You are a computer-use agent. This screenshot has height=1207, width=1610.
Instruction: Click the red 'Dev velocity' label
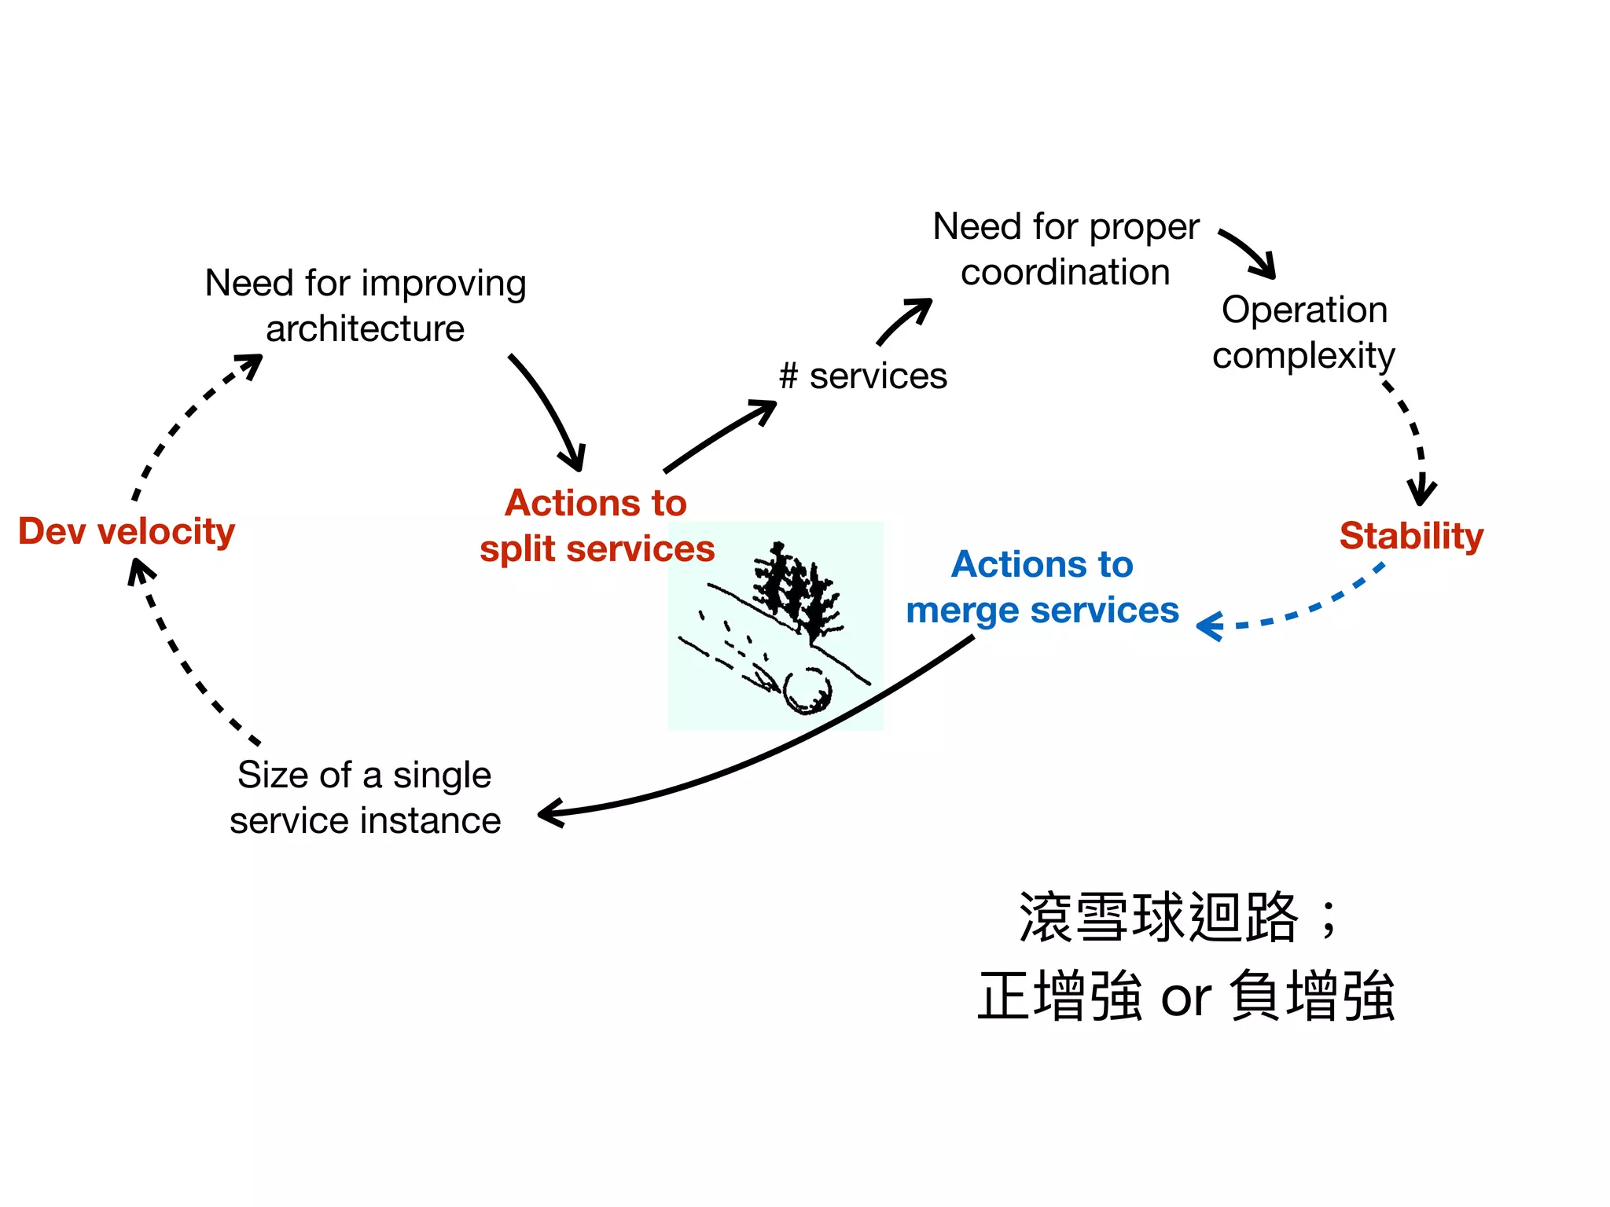coord(127,532)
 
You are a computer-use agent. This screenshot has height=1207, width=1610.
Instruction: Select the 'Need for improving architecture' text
coord(365,306)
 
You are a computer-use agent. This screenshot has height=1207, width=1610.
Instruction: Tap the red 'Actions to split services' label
coord(597,526)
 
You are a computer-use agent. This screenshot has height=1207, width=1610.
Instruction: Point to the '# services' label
coord(862,376)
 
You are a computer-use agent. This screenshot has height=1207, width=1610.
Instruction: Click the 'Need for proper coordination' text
coord(1065,249)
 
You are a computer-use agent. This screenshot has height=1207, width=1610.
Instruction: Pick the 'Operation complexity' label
coord(1303,332)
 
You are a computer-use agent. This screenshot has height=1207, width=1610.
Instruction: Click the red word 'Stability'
coord(1411,536)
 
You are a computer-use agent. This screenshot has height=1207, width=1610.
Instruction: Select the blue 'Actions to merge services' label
coord(1042,587)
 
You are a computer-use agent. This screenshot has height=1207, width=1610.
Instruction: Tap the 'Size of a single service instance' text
coord(365,798)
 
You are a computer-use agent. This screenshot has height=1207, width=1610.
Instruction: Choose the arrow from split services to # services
coord(719,436)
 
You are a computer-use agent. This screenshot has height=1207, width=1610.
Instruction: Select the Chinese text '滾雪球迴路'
coord(1157,918)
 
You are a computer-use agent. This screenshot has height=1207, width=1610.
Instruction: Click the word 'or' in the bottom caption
coord(1185,998)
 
